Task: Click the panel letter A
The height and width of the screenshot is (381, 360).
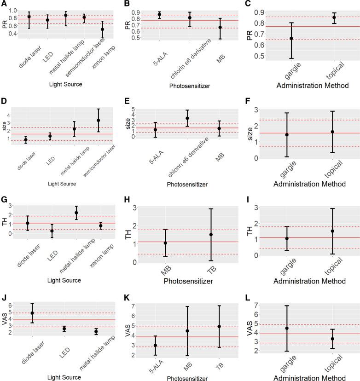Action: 4,5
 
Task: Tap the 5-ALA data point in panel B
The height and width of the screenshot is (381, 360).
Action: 159,15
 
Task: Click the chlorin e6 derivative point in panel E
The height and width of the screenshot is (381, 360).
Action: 187,118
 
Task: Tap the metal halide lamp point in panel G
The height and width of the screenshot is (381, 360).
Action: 76,213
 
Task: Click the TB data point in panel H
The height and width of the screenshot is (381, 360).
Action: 211,235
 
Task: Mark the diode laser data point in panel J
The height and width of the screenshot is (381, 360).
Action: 32,313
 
